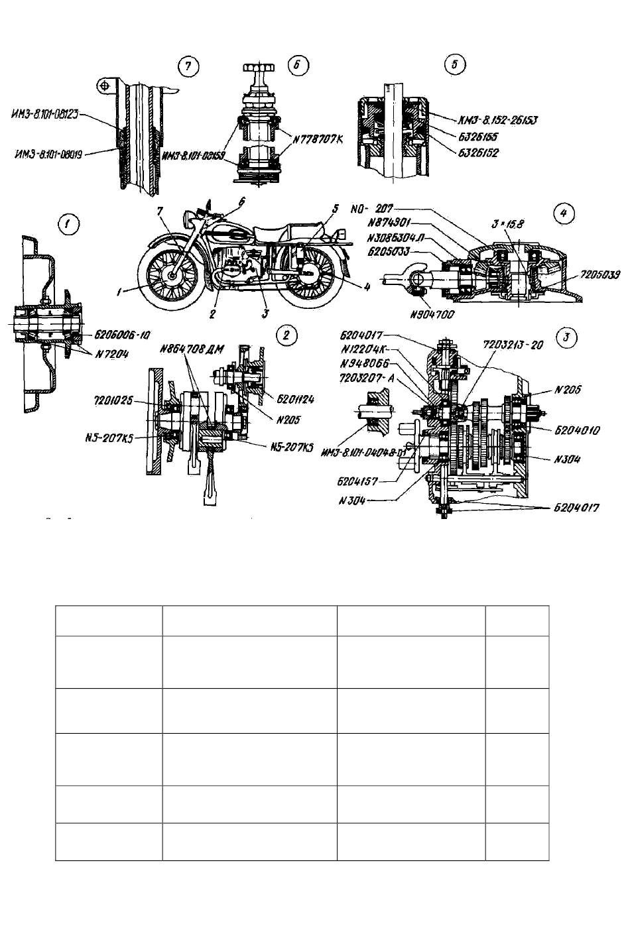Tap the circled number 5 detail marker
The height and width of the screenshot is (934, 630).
pyautogui.click(x=454, y=64)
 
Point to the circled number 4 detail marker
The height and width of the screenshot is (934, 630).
pyautogui.click(x=563, y=213)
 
